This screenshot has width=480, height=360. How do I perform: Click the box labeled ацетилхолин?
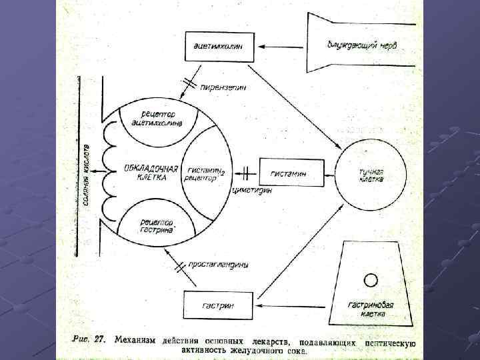218,47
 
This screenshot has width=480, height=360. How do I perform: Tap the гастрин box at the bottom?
218,306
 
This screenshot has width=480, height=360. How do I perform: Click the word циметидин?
252,190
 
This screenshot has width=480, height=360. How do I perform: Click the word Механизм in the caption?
136,341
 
